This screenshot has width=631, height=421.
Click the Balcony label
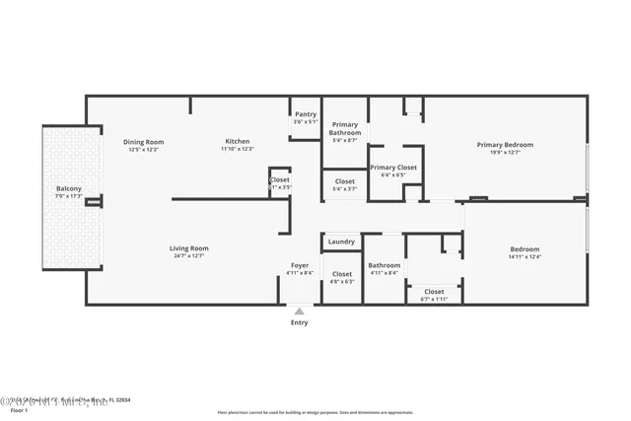pyautogui.click(x=68, y=188)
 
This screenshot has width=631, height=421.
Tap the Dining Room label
pyautogui.click(x=143, y=142)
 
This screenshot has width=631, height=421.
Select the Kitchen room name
pyautogui.click(x=237, y=142)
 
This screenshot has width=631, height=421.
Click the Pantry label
pyautogui.click(x=306, y=114)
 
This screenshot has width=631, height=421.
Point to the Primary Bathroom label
pyautogui.click(x=344, y=129)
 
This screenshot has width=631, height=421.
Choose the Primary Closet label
pyautogui.click(x=393, y=168)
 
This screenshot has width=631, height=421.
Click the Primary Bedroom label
pyautogui.click(x=504, y=145)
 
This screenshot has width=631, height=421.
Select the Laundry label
pyautogui.click(x=341, y=242)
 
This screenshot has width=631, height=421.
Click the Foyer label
pyautogui.click(x=300, y=265)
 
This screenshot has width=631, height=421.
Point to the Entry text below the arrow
pyautogui.click(x=299, y=322)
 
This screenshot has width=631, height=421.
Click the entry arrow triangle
pyautogui.click(x=299, y=311)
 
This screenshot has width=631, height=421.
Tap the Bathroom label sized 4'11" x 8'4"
pyautogui.click(x=385, y=265)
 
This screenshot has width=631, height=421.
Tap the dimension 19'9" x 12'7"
pyautogui.click(x=504, y=153)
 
